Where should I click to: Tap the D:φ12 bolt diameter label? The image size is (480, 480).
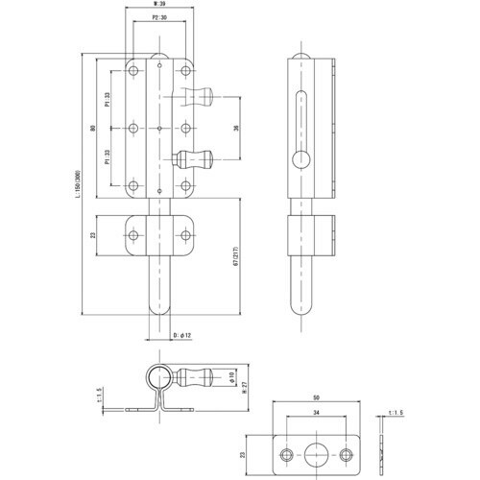tap(182, 336)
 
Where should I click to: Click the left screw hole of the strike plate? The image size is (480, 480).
tap(285, 454)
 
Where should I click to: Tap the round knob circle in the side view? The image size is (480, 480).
tap(301, 159)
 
